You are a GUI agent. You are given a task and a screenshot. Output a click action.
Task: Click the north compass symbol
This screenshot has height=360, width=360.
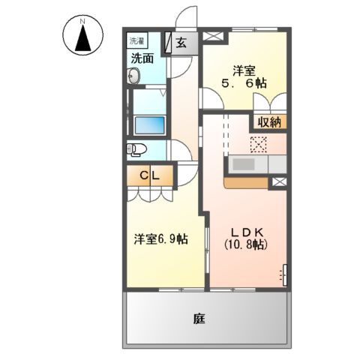pyautogui.click(x=83, y=38)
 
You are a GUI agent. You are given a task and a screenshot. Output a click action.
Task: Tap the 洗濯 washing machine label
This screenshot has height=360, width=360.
pyautogui.click(x=137, y=40)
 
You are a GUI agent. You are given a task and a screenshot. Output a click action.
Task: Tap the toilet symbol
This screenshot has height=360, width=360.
pyautogui.click(x=135, y=148)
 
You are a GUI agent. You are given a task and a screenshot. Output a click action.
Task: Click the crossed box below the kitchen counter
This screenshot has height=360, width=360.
pyautogui.click(x=279, y=181)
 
